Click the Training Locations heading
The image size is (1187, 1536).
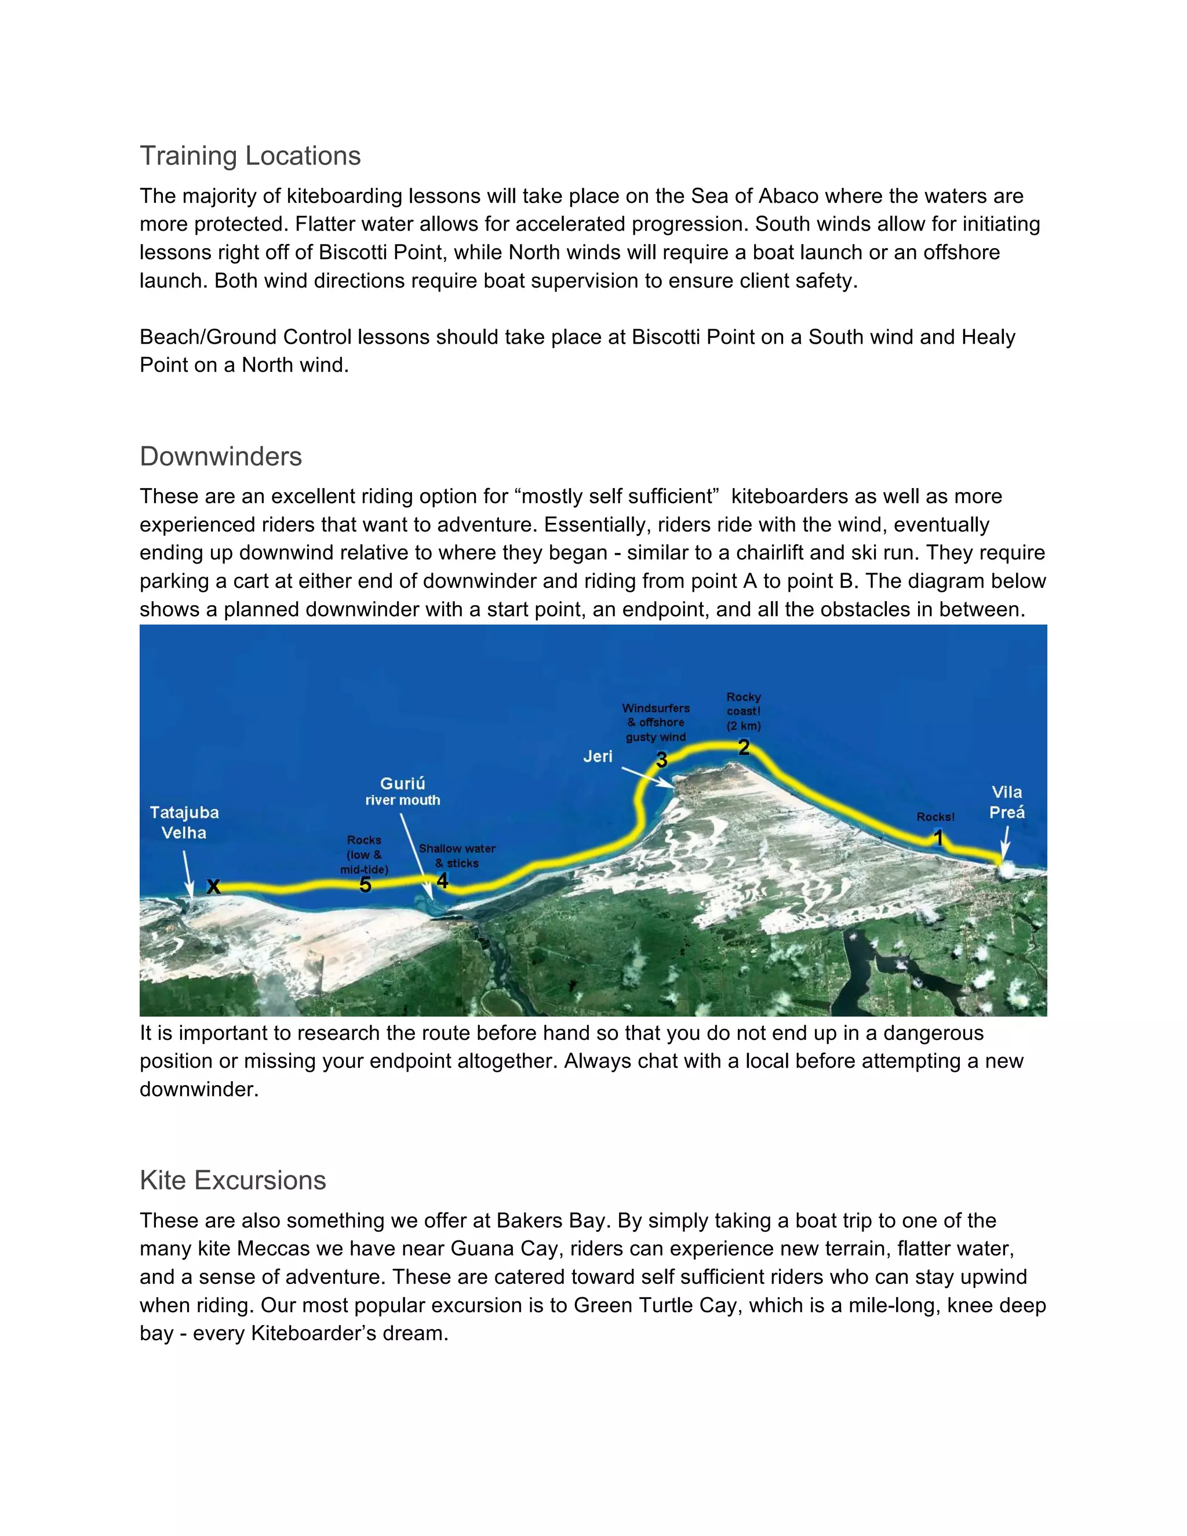(250, 155)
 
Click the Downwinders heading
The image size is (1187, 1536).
(221, 456)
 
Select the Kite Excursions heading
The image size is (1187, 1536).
(233, 1180)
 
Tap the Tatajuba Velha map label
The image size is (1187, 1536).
(184, 822)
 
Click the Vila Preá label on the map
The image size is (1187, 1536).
(1006, 802)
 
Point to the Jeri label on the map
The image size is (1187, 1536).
(598, 756)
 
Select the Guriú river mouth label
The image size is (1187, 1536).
(402, 791)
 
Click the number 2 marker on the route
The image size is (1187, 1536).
(744, 747)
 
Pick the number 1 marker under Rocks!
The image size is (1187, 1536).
(938, 838)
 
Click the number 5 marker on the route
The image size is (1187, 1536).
(365, 885)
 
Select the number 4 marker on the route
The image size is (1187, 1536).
(442, 880)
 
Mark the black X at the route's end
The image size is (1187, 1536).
(213, 886)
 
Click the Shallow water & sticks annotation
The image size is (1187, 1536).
(457, 856)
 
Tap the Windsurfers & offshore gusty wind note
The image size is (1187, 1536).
(656, 722)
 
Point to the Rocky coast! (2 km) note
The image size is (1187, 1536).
(744, 711)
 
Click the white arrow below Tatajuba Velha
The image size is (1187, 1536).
(188, 873)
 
